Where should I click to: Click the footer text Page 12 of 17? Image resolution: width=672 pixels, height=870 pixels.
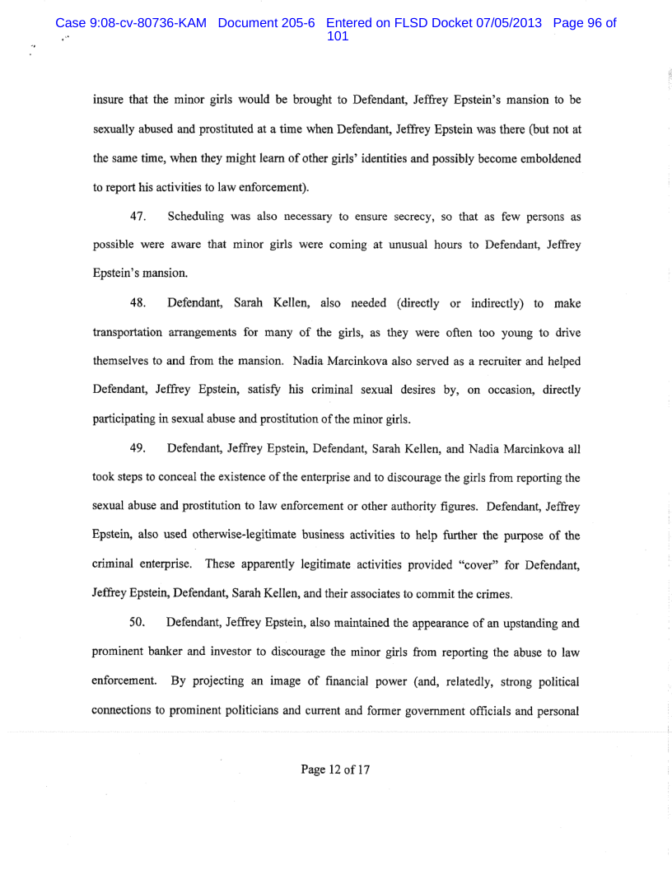click(336, 769)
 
